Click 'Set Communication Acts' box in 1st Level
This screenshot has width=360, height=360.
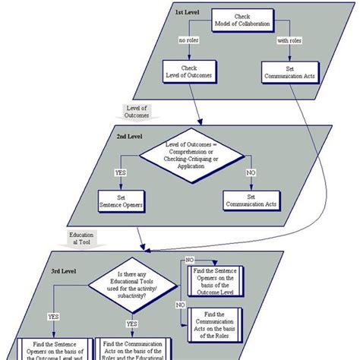(x=288, y=72)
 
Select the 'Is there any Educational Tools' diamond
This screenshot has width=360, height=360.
(x=132, y=287)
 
